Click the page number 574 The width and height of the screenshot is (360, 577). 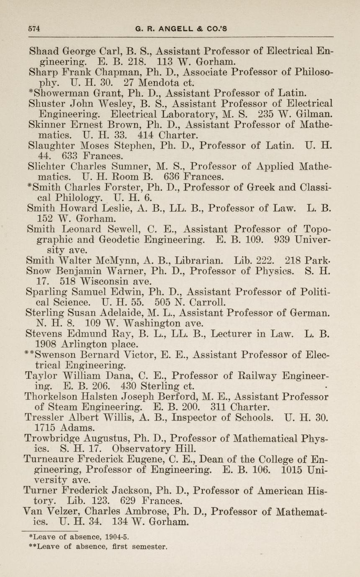point(34,29)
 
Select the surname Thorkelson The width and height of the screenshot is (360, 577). point(55,396)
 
